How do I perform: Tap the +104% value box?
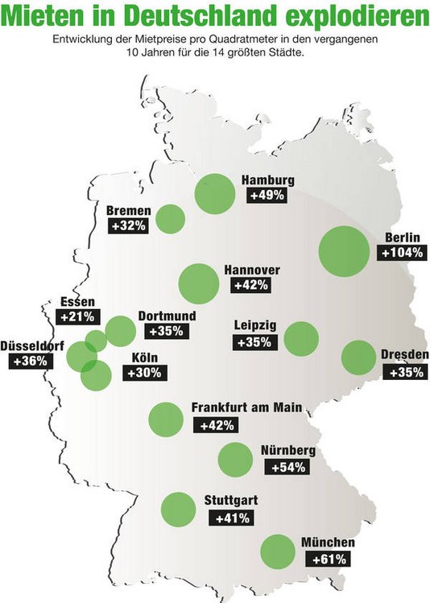point(399,253)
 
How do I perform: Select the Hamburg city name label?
point(267,180)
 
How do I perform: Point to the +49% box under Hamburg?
point(267,196)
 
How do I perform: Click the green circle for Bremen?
point(170,218)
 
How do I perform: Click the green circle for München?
point(279,551)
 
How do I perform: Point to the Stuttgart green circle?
point(178,508)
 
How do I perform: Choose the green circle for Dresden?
point(358,357)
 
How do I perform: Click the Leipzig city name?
point(255,325)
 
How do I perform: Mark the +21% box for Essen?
point(78,317)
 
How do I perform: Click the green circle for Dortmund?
point(120,330)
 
